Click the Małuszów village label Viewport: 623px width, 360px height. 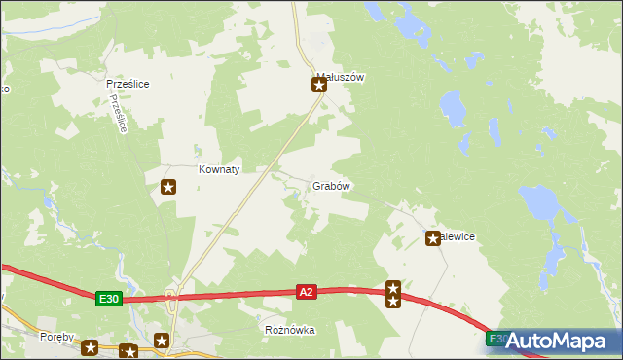point(340,77)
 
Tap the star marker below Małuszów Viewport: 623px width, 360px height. point(318,86)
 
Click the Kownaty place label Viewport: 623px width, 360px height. point(219,168)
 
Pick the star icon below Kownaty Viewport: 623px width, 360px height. point(168,186)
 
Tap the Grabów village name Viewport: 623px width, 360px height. point(331,186)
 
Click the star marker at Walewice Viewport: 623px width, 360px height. point(433,237)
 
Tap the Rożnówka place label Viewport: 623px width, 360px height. point(290,330)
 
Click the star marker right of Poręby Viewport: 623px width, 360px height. point(91,346)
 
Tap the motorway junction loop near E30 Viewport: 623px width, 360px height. point(171,296)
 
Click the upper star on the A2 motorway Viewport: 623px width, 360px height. point(393,287)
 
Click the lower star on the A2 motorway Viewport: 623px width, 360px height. point(393,301)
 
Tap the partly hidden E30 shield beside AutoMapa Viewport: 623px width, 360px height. point(495,338)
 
